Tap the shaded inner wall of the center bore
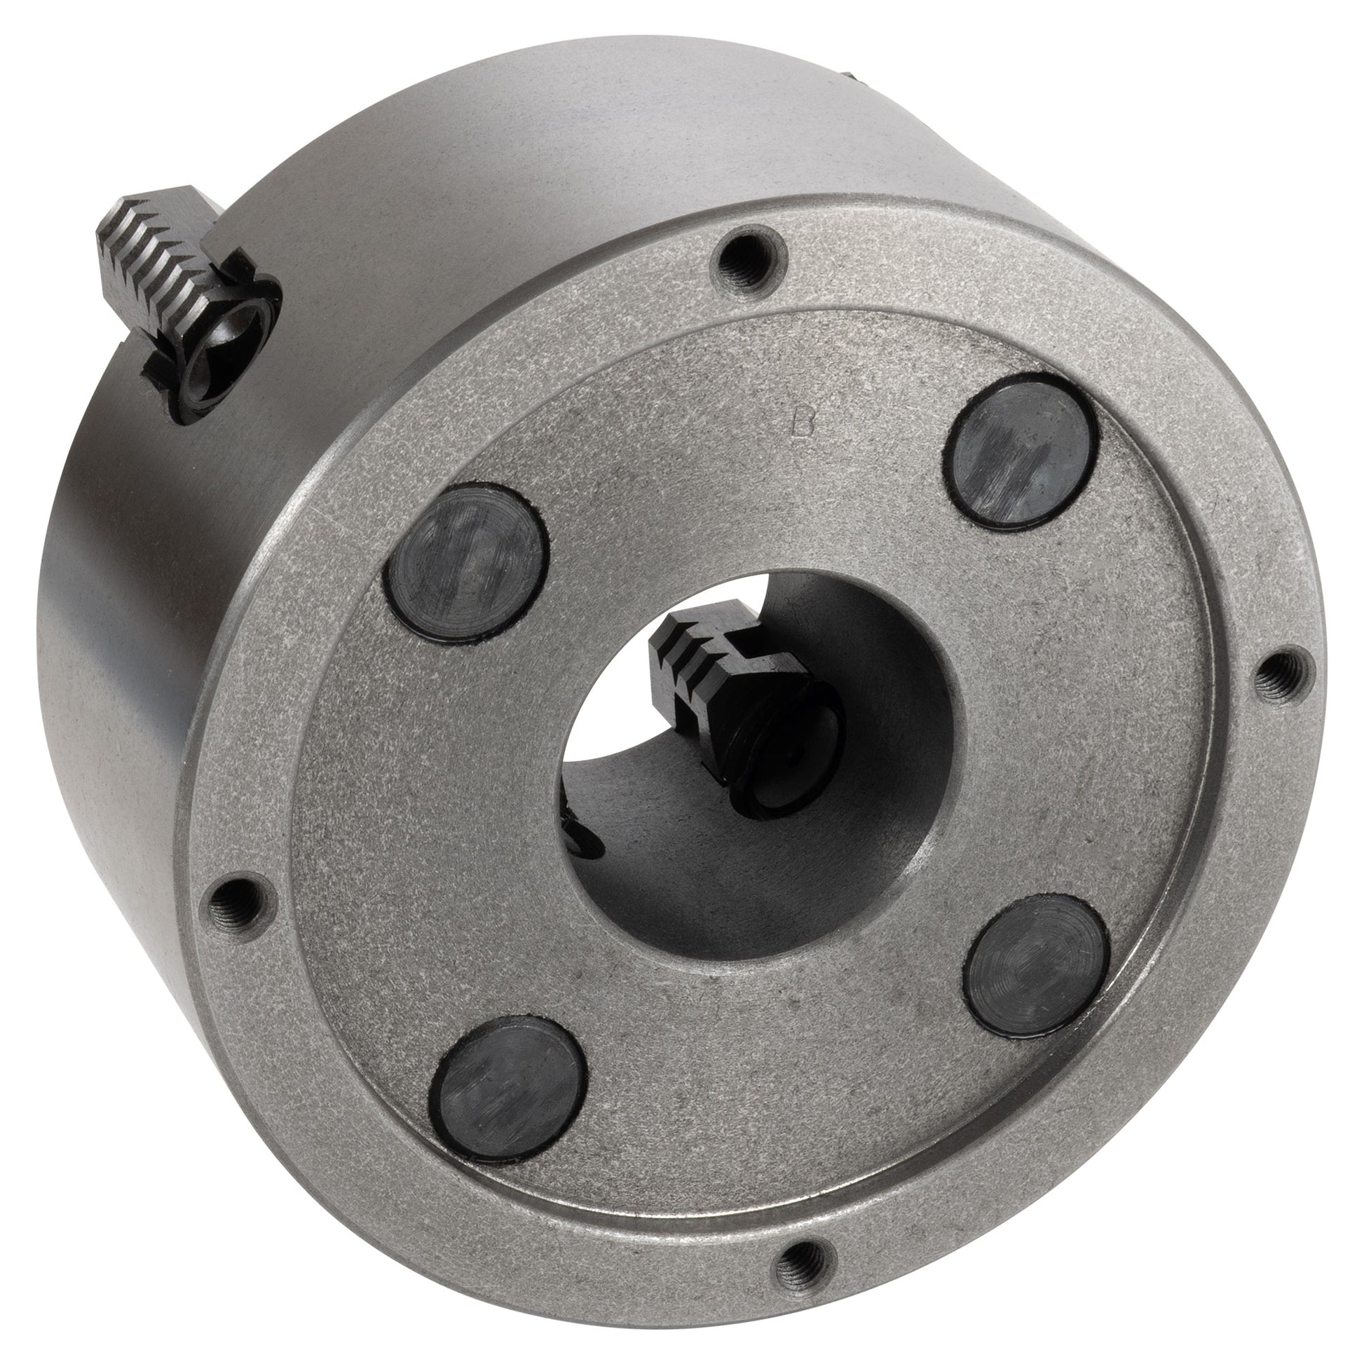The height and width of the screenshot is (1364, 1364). click(882, 812)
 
